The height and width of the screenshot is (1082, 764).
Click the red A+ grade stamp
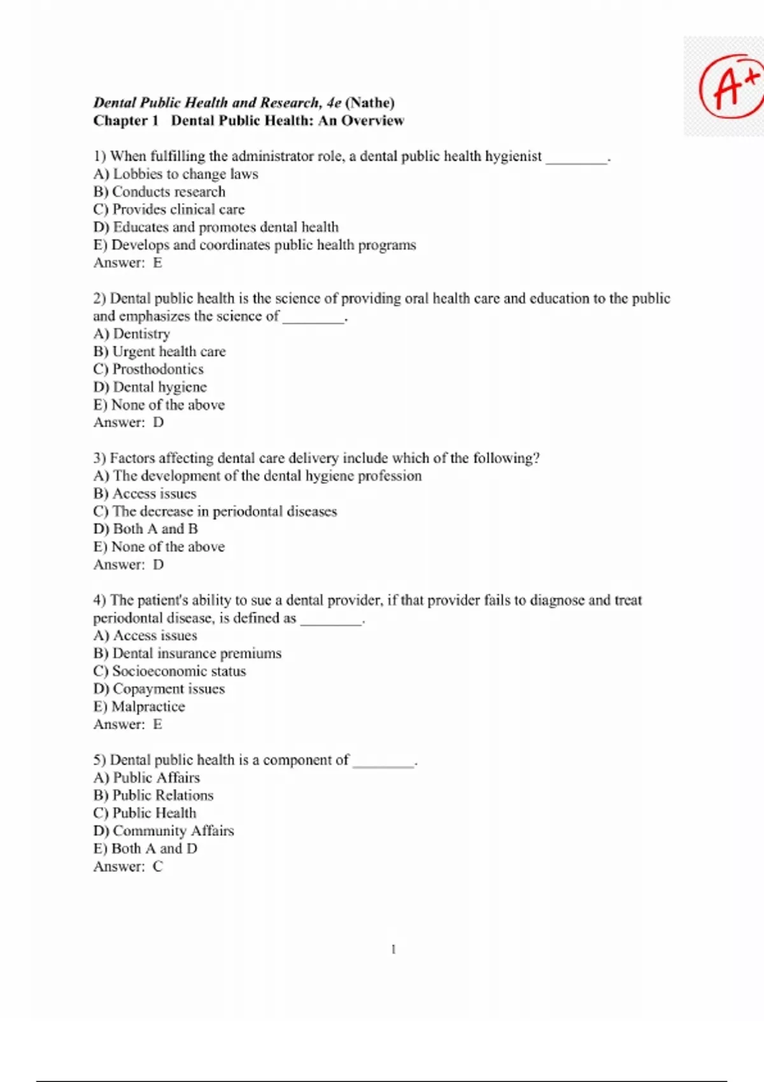(x=730, y=86)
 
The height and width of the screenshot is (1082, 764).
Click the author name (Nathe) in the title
(x=370, y=102)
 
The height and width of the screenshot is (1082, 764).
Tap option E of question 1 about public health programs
(x=255, y=245)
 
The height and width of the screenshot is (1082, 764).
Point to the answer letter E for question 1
(x=157, y=263)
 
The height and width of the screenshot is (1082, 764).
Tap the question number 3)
(x=100, y=458)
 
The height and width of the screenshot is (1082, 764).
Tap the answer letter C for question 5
(x=158, y=866)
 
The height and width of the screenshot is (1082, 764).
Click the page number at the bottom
(x=393, y=950)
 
